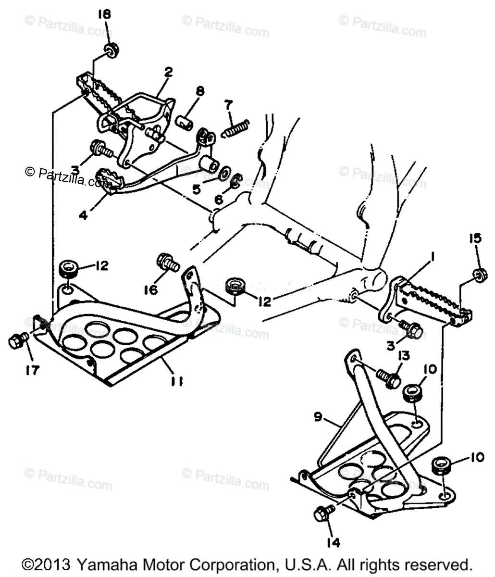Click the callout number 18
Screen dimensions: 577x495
coord(104,14)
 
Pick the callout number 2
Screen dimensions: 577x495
coord(168,73)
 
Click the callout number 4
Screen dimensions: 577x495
coord(84,216)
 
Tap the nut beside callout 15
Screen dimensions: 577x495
coord(479,274)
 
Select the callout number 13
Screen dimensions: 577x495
coord(404,356)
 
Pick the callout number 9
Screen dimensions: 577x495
coord(319,418)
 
